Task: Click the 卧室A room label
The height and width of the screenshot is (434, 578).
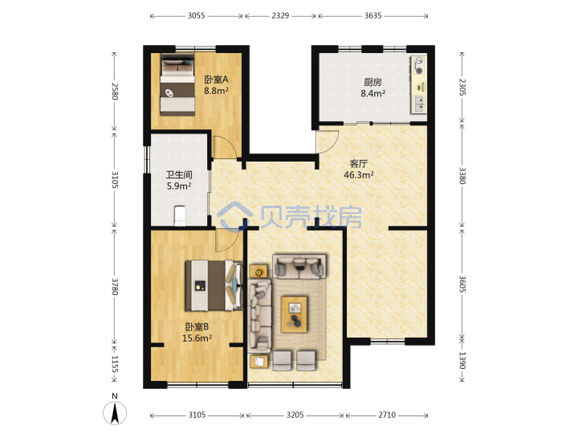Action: pyautogui.click(x=217, y=80)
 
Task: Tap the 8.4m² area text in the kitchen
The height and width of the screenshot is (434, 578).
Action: pyautogui.click(x=373, y=93)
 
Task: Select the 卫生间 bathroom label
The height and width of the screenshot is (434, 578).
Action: pyautogui.click(x=179, y=174)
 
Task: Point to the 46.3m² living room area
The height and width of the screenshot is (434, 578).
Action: pyautogui.click(x=359, y=174)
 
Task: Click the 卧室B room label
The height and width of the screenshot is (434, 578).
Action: pyautogui.click(x=197, y=326)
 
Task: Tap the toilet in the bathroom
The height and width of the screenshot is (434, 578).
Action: pyautogui.click(x=180, y=215)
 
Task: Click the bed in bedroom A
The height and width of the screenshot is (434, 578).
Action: pyautogui.click(x=177, y=85)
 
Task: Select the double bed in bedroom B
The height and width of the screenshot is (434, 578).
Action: pyautogui.click(x=214, y=285)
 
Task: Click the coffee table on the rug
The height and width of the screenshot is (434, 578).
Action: pyautogui.click(x=294, y=314)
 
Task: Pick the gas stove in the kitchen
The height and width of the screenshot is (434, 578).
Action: pyautogui.click(x=418, y=65)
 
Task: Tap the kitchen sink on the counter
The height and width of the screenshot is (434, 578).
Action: pyautogui.click(x=419, y=104)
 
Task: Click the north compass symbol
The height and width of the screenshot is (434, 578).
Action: pyautogui.click(x=115, y=411)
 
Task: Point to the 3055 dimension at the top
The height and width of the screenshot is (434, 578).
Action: pyautogui.click(x=196, y=16)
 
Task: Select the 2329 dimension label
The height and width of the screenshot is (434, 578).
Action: pyautogui.click(x=280, y=16)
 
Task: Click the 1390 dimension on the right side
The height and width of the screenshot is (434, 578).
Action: pyautogui.click(x=462, y=360)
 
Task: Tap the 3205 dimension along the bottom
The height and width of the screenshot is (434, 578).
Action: pyautogui.click(x=295, y=416)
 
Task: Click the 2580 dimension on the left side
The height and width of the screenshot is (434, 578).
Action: pyautogui.click(x=114, y=91)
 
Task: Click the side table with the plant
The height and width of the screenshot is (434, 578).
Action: pyautogui.click(x=258, y=272)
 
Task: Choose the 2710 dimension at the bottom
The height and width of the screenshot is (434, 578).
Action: pyautogui.click(x=387, y=416)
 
